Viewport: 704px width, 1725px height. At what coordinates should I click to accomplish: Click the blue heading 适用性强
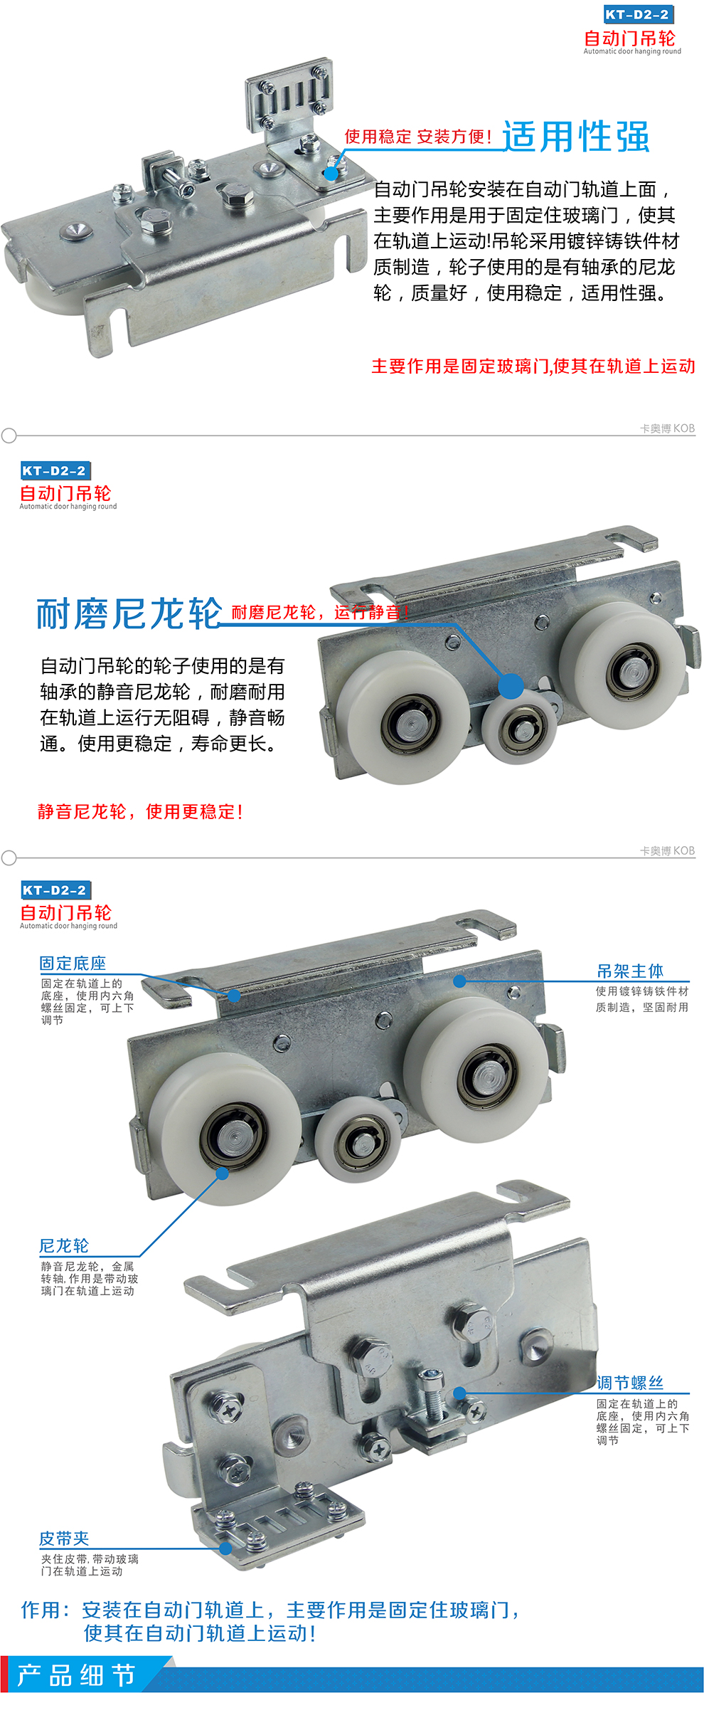(576, 137)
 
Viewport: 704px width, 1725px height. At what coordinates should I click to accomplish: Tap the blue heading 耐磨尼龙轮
(129, 613)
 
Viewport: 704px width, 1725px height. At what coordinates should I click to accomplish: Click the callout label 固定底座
(73, 964)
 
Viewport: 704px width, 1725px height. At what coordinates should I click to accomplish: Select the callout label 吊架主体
(630, 971)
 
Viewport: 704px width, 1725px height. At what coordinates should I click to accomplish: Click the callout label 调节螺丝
(630, 1383)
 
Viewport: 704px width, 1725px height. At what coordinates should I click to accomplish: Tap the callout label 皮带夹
(64, 1539)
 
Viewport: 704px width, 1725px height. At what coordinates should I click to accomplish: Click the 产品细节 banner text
(76, 1675)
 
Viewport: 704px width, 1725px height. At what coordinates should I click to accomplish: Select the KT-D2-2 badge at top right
(637, 14)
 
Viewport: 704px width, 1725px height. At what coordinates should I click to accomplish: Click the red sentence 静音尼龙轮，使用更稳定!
(141, 811)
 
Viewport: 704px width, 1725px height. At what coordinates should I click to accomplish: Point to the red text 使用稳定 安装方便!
(418, 136)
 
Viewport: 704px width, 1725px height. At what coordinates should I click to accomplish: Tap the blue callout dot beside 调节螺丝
(459, 1393)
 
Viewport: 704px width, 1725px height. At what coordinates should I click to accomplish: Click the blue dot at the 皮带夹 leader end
(225, 1549)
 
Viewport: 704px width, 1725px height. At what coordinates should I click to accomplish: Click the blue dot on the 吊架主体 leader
(460, 981)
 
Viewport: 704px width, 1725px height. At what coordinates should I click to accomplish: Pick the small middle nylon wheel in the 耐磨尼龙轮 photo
(519, 728)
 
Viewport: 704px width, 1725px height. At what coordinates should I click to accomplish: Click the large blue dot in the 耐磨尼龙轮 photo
(511, 686)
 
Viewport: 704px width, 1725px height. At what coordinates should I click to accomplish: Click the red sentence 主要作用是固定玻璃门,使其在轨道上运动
(533, 366)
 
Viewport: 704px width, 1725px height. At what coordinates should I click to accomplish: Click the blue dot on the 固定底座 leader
(235, 996)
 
